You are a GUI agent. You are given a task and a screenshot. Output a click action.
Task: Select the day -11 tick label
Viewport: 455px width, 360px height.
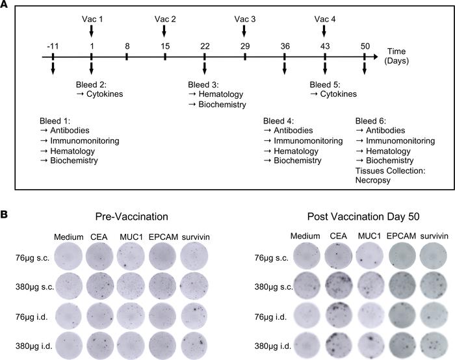coord(53,46)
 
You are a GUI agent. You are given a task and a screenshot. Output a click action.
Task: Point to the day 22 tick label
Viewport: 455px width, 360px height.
coord(205,46)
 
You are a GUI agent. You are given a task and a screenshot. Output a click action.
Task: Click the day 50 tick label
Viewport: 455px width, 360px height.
coord(364,46)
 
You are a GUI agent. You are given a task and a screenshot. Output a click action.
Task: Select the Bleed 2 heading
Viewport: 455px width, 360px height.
coord(94,84)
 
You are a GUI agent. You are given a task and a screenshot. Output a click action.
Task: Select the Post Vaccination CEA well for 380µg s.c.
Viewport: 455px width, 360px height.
coord(338,286)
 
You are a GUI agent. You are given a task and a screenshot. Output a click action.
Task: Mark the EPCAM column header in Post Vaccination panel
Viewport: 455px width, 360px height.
coord(398,237)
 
